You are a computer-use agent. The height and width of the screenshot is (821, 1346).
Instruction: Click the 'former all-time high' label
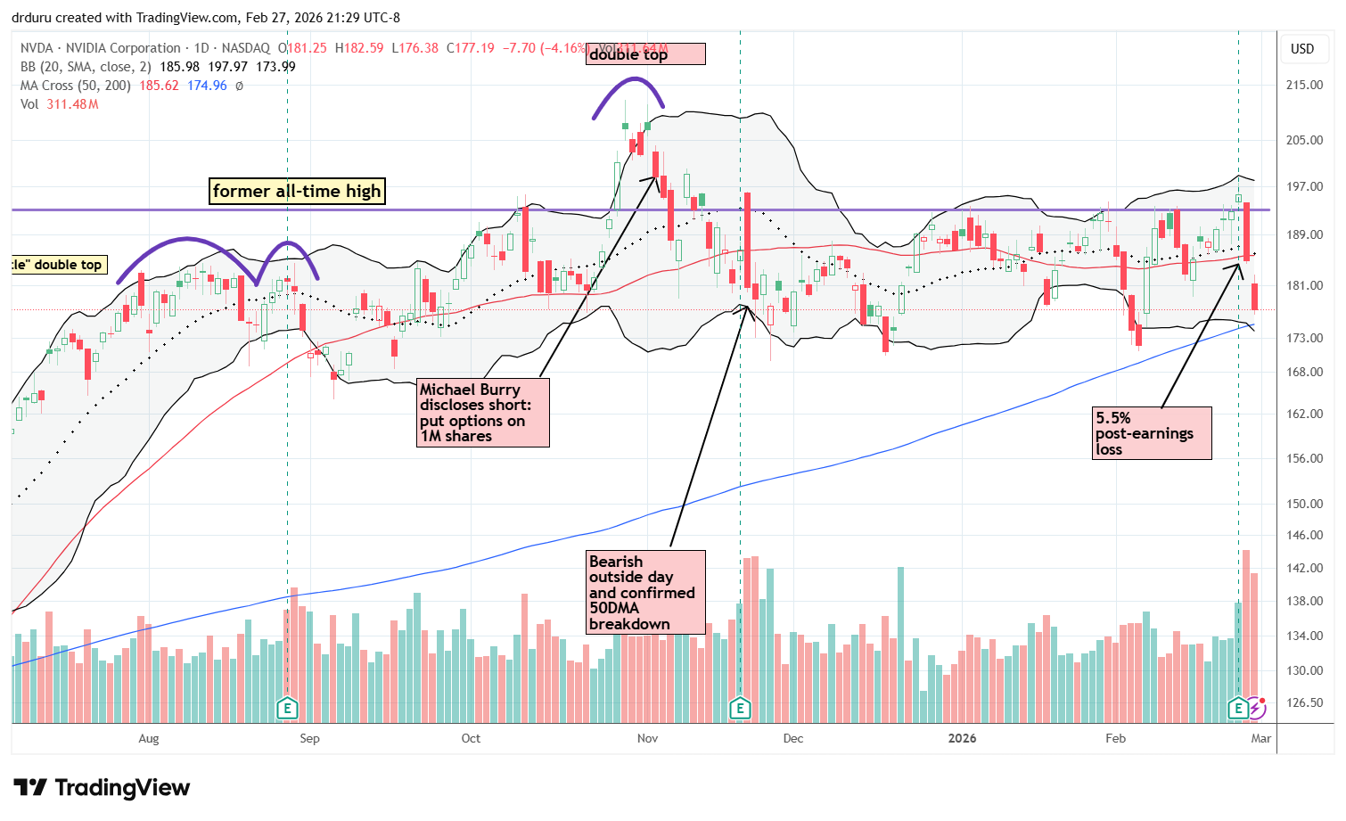(x=297, y=191)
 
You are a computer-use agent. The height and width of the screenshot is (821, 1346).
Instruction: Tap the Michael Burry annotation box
(x=483, y=413)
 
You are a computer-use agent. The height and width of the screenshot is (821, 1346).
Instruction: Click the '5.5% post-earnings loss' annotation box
(x=1152, y=433)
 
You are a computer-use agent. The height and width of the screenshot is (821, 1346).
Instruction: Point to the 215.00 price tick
(x=1303, y=85)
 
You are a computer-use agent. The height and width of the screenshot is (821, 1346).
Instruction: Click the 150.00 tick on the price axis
(x=1303, y=504)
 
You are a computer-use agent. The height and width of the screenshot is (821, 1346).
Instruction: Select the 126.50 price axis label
(x=1303, y=702)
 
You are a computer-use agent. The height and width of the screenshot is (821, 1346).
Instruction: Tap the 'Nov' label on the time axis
(x=648, y=738)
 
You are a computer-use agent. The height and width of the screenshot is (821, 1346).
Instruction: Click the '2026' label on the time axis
(x=962, y=738)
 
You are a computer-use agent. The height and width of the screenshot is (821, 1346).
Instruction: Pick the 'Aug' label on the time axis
(x=149, y=738)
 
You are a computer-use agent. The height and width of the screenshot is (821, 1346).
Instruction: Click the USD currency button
(x=1302, y=49)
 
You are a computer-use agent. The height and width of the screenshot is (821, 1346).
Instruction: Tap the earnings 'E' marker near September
(x=287, y=709)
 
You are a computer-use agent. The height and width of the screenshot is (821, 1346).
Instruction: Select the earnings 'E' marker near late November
(x=740, y=709)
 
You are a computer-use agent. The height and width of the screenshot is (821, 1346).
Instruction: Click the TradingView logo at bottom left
(x=102, y=788)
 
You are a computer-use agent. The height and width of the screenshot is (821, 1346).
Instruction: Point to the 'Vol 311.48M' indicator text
(x=60, y=104)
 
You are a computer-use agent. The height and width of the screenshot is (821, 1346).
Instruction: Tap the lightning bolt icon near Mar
(x=1257, y=709)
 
